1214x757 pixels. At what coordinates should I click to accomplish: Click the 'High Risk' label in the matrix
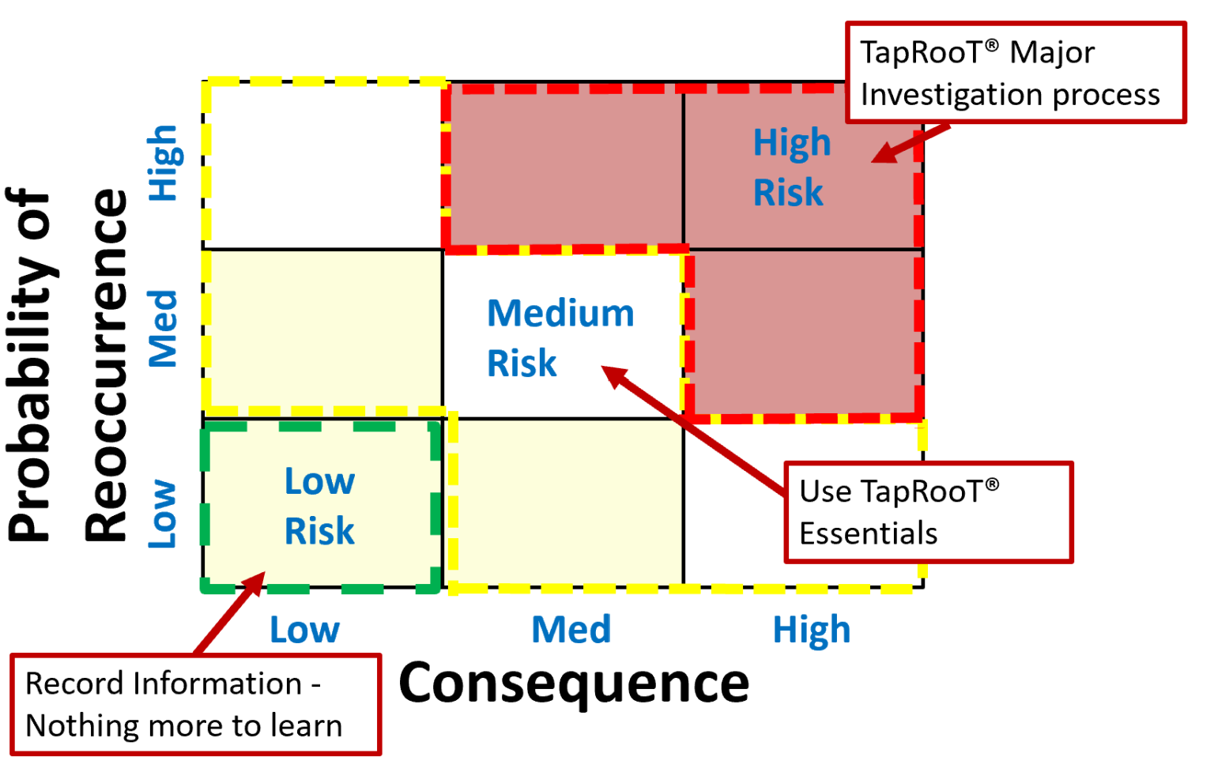(791, 168)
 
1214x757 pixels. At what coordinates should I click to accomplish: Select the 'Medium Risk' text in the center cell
(560, 338)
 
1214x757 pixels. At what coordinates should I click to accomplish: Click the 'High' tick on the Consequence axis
(811, 631)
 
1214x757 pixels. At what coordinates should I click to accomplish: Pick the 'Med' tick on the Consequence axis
(571, 631)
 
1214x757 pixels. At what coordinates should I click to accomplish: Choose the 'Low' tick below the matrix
(304, 631)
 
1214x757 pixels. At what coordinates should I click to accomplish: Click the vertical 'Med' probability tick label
(164, 329)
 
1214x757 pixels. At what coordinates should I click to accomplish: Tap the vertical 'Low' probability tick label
(163, 514)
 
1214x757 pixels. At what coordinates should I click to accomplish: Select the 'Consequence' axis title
(574, 683)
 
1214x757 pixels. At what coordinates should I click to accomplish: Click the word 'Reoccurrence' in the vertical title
(107, 365)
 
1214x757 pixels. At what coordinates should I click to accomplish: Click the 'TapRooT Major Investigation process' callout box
(1016, 73)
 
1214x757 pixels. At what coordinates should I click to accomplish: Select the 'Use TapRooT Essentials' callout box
(928, 512)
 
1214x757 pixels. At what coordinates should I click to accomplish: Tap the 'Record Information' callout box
(195, 704)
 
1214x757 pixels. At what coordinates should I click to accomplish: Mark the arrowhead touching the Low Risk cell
(254, 583)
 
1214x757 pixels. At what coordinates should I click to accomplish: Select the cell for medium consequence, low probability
(566, 503)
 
